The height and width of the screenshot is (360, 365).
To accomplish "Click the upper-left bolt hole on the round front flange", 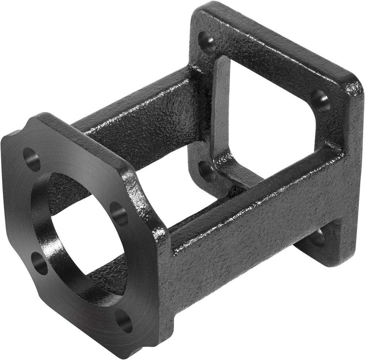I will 32,159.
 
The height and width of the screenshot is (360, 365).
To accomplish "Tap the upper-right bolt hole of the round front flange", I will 119,214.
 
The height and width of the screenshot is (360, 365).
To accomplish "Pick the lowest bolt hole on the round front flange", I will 124,321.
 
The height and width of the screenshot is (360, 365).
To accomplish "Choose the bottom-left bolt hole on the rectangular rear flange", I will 207,171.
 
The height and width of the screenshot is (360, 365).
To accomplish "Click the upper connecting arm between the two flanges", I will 146,109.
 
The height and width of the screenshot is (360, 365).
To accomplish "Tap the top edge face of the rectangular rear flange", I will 277,40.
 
